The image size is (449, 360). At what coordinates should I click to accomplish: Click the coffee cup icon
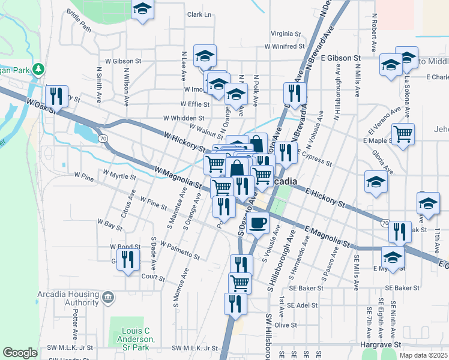coord(258,223)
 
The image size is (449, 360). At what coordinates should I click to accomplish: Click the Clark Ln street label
coord(199,14)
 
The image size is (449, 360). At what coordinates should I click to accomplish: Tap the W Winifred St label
coord(286,46)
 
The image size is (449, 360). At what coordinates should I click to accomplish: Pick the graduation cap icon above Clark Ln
coord(142,9)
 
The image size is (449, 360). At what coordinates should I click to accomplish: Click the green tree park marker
coord(39,70)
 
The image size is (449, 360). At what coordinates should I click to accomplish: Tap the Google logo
coord(20,353)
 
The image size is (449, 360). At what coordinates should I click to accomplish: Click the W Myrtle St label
coord(119,176)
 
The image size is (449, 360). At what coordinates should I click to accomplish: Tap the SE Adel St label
coord(302,305)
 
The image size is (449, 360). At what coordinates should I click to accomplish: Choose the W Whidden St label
coord(181,119)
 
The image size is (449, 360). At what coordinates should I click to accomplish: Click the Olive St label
coord(286,325)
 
